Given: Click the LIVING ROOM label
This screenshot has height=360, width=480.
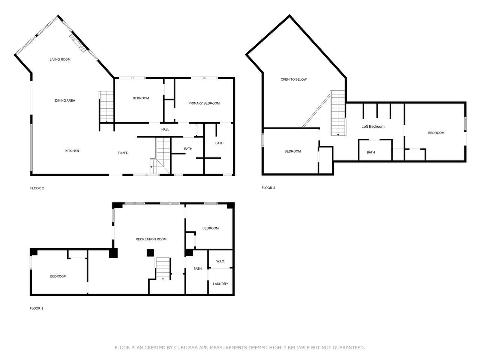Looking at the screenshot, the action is point(60,60).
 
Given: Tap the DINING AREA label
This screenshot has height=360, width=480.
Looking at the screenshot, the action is point(65,100).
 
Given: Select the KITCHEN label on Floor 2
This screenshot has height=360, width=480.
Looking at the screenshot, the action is point(72,151).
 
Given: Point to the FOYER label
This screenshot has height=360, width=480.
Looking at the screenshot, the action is point(123,153).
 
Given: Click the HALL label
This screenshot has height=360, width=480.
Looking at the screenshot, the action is point(165,129).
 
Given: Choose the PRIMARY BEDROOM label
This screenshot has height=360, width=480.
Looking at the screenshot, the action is point(204,103).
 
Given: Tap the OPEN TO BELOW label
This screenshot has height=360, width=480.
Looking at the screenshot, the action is point(294,79).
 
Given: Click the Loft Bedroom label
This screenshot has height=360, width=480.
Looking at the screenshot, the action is point(373,126).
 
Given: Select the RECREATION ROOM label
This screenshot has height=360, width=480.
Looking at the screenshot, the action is point(151,239).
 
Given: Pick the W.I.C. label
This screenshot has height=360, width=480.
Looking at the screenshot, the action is point(220,261).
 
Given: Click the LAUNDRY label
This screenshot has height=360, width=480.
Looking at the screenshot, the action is point(220,284).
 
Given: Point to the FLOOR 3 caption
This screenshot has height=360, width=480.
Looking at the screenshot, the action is point(268,188).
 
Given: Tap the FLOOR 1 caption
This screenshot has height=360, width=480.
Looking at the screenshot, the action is point(36,308).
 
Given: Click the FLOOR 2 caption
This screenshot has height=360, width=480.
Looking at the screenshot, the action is point(37,188).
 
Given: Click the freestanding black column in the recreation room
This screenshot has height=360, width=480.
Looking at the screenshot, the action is point(150,253).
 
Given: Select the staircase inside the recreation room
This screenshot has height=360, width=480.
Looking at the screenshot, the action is point(163,269).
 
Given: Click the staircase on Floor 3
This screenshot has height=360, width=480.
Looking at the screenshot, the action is point(338,113).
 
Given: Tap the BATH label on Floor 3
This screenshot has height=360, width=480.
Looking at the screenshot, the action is point(370,152).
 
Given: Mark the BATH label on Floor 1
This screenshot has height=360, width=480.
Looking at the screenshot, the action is point(198,268).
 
